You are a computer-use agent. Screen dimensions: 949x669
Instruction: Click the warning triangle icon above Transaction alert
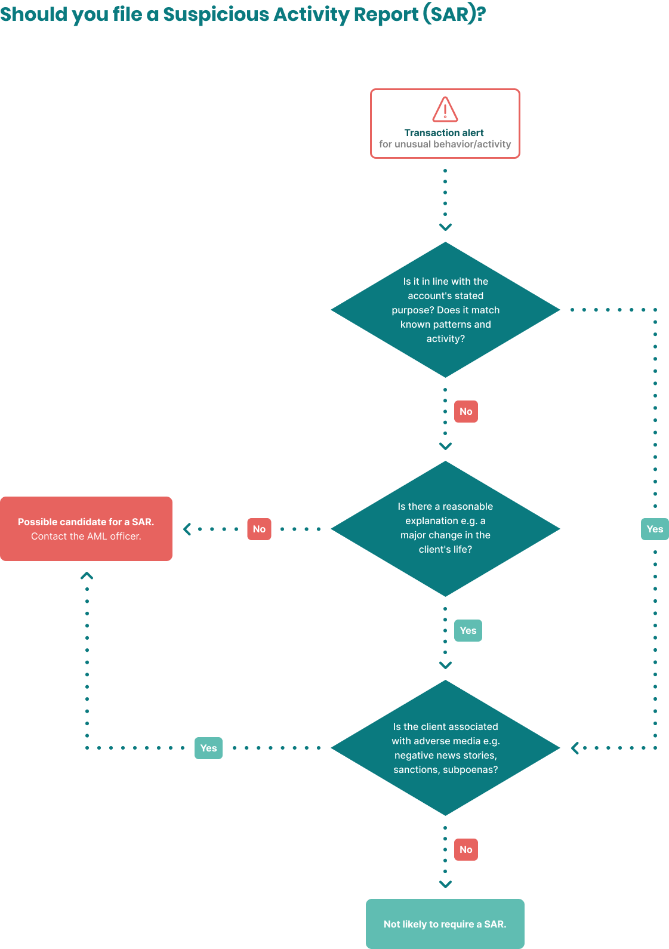pyautogui.click(x=445, y=109)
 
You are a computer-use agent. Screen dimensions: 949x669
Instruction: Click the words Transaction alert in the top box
pyautogui.click(x=444, y=133)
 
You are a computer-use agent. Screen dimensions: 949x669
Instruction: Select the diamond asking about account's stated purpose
pyautogui.click(x=445, y=310)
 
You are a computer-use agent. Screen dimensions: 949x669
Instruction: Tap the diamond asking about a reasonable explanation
pyautogui.click(x=445, y=528)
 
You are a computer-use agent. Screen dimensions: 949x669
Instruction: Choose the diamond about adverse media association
pyautogui.click(x=445, y=748)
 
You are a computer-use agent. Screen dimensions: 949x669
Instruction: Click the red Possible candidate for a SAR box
pyautogui.click(x=86, y=529)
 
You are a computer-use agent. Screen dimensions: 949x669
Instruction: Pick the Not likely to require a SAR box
pyautogui.click(x=445, y=924)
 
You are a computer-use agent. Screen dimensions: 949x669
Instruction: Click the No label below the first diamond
pyautogui.click(x=466, y=411)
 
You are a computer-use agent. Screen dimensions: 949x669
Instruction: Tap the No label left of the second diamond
pyautogui.click(x=259, y=529)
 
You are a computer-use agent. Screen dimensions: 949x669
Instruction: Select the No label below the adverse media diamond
pyautogui.click(x=466, y=849)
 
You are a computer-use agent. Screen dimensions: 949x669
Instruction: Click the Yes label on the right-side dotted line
pyautogui.click(x=655, y=529)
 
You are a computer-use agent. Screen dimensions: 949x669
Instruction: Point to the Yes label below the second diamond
pyautogui.click(x=468, y=630)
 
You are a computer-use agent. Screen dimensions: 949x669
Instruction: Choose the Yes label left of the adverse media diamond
pyautogui.click(x=208, y=748)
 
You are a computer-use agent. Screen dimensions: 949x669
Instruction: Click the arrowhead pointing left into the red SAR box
pyautogui.click(x=187, y=529)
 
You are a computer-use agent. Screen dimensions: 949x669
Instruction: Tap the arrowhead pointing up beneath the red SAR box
pyautogui.click(x=87, y=576)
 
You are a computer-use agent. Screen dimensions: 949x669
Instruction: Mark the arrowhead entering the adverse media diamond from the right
pyautogui.click(x=575, y=748)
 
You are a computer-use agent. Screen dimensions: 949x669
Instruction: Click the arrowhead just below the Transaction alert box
pyautogui.click(x=445, y=227)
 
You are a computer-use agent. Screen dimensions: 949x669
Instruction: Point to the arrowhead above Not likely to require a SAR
pyautogui.click(x=445, y=884)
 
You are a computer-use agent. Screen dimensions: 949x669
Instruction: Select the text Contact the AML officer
pyautogui.click(x=86, y=536)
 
